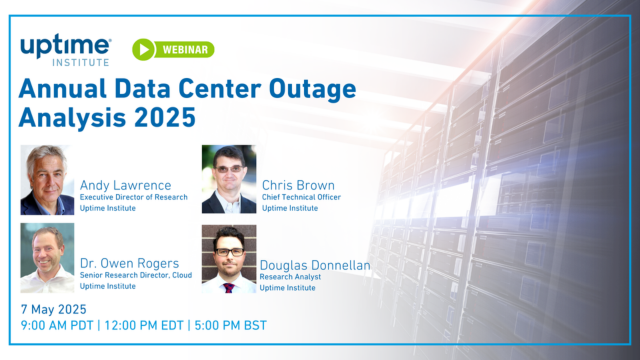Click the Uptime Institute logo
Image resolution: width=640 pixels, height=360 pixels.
coord(66,50)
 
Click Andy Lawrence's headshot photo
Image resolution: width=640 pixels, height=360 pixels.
coord(47,180)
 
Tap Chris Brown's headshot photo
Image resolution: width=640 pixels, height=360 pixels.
coord(228,179)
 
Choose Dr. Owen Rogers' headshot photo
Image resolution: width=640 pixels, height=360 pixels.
coord(47,258)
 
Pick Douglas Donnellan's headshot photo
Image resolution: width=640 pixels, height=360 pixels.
coord(228,259)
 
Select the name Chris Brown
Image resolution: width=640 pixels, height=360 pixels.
coord(298,185)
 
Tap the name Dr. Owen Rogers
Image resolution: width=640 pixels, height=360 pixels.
coord(128,263)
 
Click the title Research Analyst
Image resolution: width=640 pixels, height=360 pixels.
coord(290,277)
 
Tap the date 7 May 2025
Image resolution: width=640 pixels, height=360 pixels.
coord(54,309)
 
